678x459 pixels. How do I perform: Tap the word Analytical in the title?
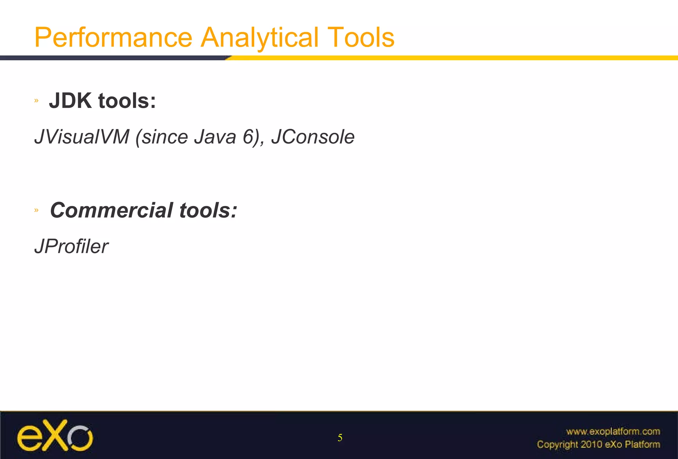[x=260, y=37]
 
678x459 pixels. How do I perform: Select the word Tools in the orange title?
[x=361, y=37]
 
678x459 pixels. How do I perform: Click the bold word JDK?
[x=70, y=101]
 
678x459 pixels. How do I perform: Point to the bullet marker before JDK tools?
[x=36, y=101]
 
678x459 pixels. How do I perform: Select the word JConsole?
[x=313, y=137]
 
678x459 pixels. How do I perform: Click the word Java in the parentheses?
[x=215, y=137]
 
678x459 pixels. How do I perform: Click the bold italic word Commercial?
[x=112, y=210]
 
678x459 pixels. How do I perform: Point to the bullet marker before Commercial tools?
[x=36, y=210]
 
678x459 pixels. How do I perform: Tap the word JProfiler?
[x=71, y=246]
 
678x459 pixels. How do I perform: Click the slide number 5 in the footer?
[x=340, y=438]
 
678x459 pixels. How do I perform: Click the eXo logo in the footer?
[x=55, y=435]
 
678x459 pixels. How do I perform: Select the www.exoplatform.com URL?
[x=613, y=432]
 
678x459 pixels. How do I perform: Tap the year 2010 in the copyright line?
[x=591, y=444]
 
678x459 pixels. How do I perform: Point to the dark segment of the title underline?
[x=113, y=58]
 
